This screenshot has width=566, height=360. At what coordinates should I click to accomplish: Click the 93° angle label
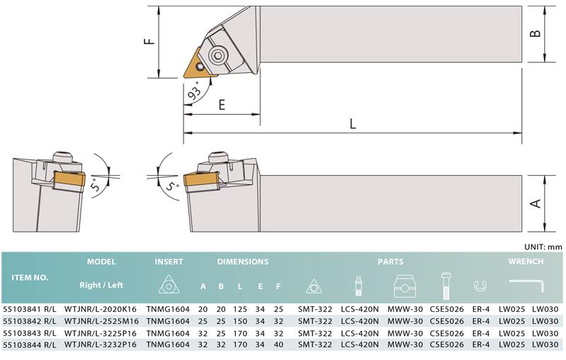(x=195, y=93)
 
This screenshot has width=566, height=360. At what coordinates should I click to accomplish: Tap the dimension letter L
(x=353, y=124)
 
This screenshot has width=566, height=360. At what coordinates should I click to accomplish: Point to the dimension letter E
(x=222, y=105)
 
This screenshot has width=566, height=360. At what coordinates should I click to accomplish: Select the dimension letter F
(x=149, y=41)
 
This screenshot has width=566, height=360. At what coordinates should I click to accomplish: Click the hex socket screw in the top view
(x=217, y=55)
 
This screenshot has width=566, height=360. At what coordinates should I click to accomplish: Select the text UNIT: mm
(x=543, y=247)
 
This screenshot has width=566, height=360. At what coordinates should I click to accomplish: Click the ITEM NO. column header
(x=30, y=278)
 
